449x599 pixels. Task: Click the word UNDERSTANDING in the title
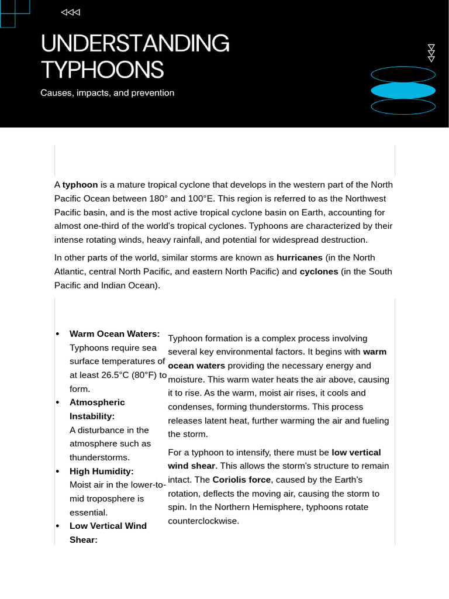(x=135, y=44)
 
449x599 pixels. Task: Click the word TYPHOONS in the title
(x=102, y=70)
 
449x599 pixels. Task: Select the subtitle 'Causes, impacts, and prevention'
(x=107, y=93)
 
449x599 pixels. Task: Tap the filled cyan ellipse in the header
(x=403, y=91)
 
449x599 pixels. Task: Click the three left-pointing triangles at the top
(x=71, y=12)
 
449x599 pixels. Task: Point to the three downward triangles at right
(x=431, y=53)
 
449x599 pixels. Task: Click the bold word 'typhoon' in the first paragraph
(x=80, y=184)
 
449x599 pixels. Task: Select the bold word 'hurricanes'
(x=299, y=257)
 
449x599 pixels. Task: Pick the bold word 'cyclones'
(x=319, y=271)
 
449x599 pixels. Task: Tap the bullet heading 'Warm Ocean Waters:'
(x=115, y=333)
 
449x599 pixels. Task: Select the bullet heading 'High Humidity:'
(x=102, y=471)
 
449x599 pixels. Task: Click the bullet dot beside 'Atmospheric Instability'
(x=57, y=402)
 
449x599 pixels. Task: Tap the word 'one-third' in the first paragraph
(x=100, y=226)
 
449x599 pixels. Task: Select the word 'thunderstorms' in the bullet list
(x=99, y=457)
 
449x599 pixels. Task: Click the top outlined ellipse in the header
(x=403, y=74)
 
